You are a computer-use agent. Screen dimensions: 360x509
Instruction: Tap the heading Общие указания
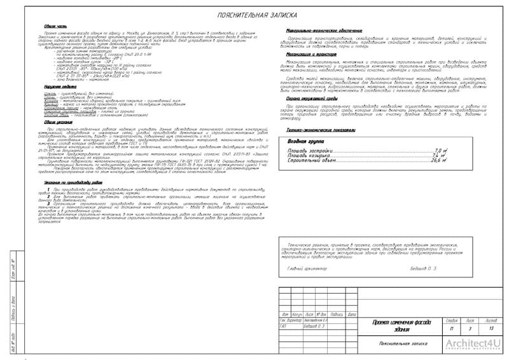tap(49, 121)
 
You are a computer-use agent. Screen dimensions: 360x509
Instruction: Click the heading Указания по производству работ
tap(69, 182)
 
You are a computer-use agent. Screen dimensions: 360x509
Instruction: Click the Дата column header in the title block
tap(353, 314)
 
